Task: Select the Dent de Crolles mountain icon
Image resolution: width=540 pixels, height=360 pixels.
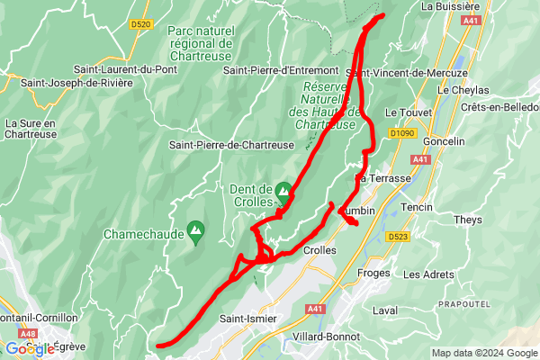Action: [x=283, y=191]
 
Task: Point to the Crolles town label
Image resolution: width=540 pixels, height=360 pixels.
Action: [x=319, y=250]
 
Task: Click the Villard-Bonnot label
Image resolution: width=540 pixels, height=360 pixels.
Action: [x=326, y=337]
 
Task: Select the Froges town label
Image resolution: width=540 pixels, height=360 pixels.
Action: [x=373, y=273]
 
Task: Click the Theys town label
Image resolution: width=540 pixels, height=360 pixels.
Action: [x=468, y=220]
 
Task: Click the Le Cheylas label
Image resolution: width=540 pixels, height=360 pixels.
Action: [x=463, y=90]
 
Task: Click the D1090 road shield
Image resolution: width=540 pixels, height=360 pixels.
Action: [x=403, y=133]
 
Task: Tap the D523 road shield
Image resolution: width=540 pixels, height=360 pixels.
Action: [x=399, y=237]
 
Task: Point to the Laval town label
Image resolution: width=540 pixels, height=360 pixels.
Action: [x=384, y=310]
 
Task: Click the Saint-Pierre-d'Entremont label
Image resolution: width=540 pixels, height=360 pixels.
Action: [x=281, y=70]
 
